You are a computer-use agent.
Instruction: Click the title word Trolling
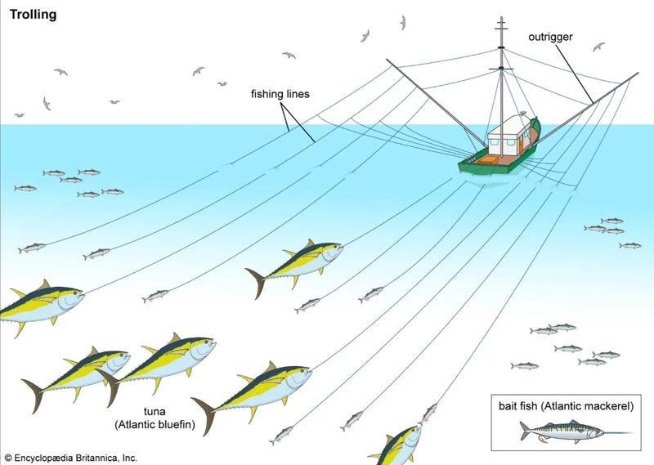(x=33, y=15)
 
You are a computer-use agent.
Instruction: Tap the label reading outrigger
(x=550, y=37)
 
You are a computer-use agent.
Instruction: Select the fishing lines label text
(x=280, y=94)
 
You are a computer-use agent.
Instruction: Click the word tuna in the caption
(x=155, y=411)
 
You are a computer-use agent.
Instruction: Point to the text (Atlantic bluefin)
(x=155, y=424)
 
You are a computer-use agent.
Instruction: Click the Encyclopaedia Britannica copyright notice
(x=71, y=458)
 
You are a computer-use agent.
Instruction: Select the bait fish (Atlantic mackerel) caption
(x=566, y=406)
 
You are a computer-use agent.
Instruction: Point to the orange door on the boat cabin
(x=521, y=143)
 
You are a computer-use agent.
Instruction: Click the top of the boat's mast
(x=501, y=19)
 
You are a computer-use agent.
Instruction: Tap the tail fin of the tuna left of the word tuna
(x=34, y=394)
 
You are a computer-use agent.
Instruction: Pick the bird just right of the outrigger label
(x=598, y=47)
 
